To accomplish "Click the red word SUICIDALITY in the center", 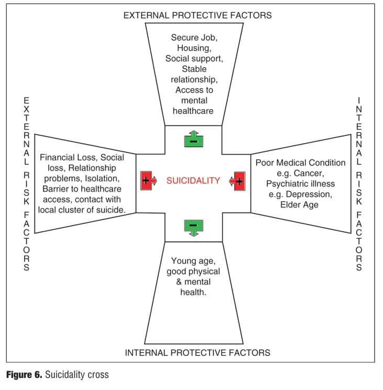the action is point(193,180).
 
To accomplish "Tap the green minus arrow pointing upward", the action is point(194,139).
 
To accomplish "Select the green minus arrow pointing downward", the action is point(194,227).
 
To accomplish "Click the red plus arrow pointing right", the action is point(148,180).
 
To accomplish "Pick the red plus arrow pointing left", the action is point(237,181).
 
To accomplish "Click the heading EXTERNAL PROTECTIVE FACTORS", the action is point(198,15).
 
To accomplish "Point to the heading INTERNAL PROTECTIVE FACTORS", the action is point(198,353).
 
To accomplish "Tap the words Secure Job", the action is point(194,38).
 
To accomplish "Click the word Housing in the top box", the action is point(194,48).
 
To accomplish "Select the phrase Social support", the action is point(194,59).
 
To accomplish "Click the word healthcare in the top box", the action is point(193,111).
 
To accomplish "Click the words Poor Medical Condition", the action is point(301,162).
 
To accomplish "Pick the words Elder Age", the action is point(299,204).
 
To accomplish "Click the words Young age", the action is point(193,261).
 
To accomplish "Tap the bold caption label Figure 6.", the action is point(24,375).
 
